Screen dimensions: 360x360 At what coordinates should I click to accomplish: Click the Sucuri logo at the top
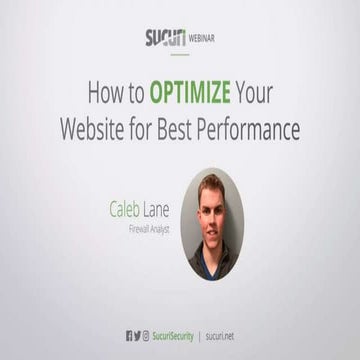click(163, 40)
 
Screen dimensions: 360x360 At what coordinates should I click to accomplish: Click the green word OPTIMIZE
click(193, 94)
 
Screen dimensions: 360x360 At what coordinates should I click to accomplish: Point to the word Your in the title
click(261, 94)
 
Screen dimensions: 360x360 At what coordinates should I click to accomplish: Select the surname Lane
click(161, 210)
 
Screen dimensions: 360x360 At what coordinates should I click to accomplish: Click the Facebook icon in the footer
click(130, 337)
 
